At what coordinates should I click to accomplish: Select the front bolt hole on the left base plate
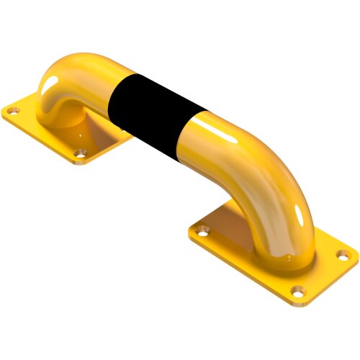(x=81, y=153)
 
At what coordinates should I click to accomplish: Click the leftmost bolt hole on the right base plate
(x=204, y=232)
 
